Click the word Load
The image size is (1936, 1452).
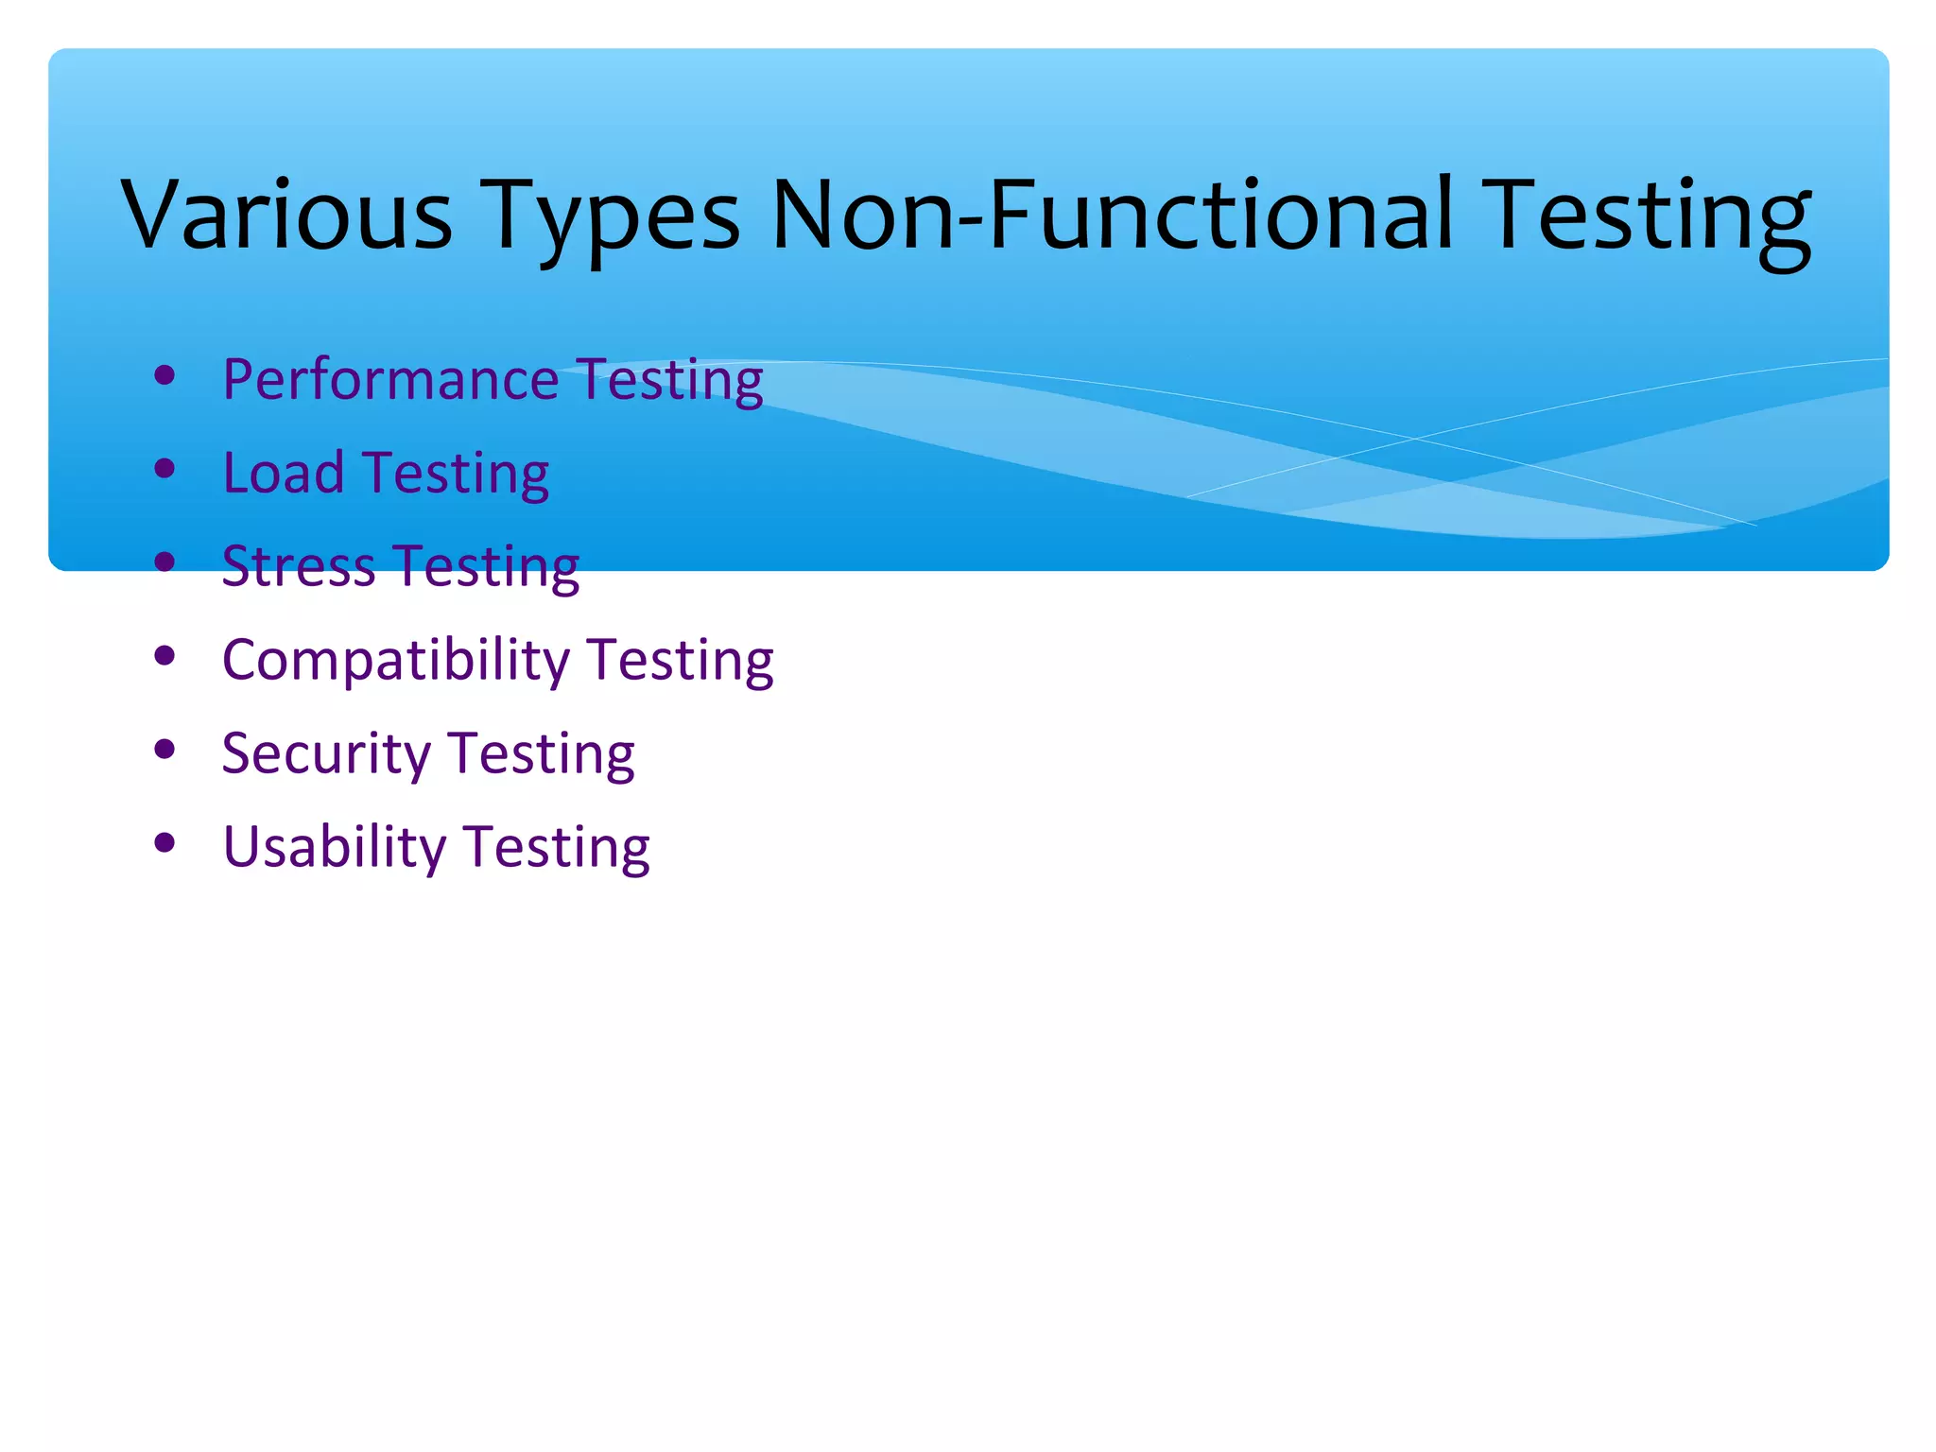coord(283,473)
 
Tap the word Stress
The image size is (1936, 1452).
coord(298,566)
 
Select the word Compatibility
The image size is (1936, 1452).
coord(395,660)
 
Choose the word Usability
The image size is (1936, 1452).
coord(334,846)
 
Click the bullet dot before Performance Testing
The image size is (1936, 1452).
coord(164,376)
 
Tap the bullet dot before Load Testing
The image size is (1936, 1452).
coord(164,469)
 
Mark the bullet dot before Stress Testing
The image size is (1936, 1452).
coord(164,562)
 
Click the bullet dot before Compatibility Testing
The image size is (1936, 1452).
coord(164,655)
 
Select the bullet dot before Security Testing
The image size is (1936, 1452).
coord(164,749)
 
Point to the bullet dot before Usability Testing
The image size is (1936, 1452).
coord(164,842)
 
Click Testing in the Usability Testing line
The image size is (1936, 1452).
coord(557,846)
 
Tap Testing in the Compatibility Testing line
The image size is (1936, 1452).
coord(681,660)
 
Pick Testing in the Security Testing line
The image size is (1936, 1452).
coord(542,753)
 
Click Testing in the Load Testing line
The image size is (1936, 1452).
coord(457,473)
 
